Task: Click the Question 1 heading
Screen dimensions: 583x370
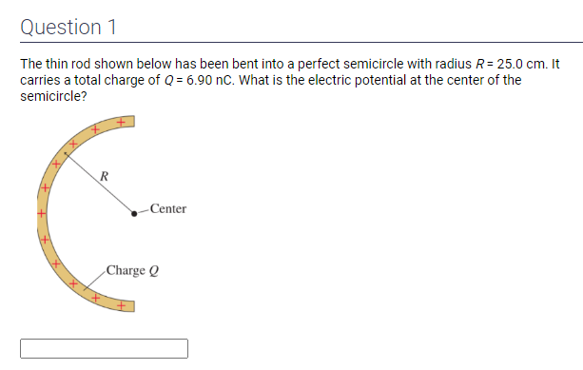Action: (x=68, y=28)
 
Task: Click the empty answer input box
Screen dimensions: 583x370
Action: (x=104, y=348)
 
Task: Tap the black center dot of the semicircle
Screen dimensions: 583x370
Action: (x=134, y=213)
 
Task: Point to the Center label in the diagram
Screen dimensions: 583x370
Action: (x=168, y=208)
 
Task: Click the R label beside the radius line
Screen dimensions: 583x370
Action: (x=104, y=176)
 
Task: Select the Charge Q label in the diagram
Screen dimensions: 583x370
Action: (x=132, y=270)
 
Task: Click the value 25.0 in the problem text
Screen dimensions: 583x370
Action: (x=508, y=64)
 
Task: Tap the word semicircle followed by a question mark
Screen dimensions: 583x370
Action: (x=53, y=96)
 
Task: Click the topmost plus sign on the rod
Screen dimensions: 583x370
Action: (x=121, y=122)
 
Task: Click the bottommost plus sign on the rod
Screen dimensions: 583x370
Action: (x=121, y=305)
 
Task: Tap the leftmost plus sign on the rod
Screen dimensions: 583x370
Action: (x=41, y=213)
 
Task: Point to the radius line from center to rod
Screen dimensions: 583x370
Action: (x=99, y=183)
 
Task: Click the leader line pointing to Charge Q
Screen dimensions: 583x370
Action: (x=95, y=281)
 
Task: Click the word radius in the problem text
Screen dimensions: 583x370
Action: (x=454, y=64)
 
